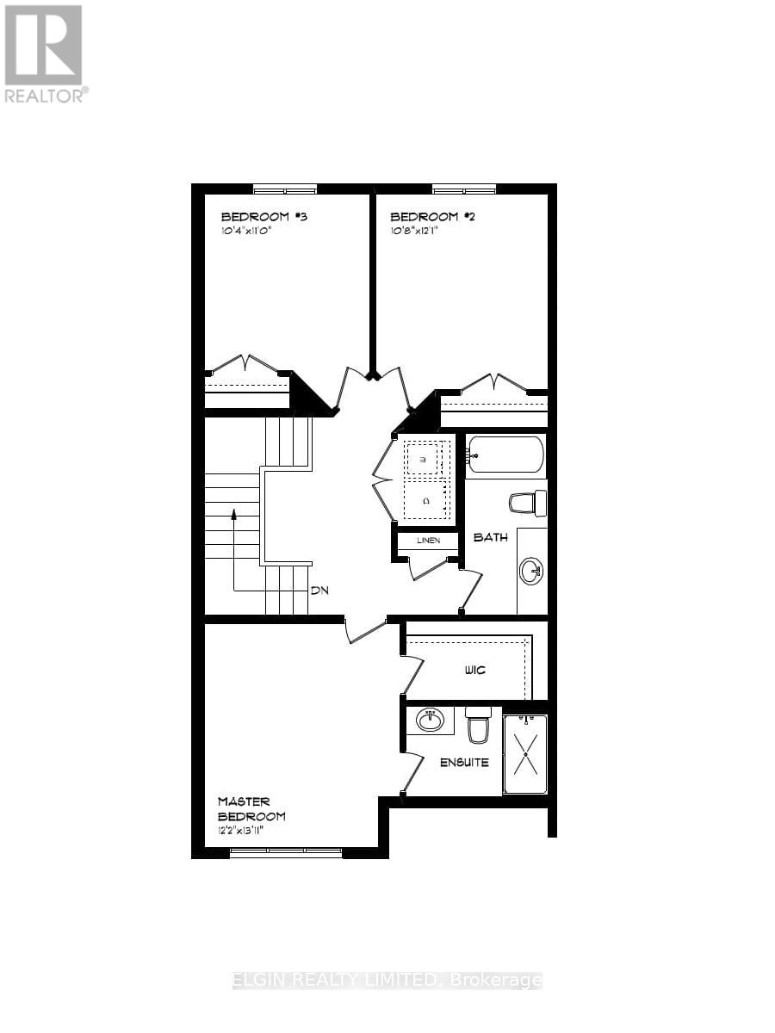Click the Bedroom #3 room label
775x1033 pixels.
pyautogui.click(x=264, y=217)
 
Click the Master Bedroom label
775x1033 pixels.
pyautogui.click(x=251, y=808)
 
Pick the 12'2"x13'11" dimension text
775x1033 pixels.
pyautogui.click(x=251, y=832)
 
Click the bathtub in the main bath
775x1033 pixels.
pyautogui.click(x=505, y=455)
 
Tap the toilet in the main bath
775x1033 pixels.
pyautogui.click(x=528, y=502)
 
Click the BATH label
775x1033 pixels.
pyautogui.click(x=491, y=537)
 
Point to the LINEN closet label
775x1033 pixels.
pyautogui.click(x=428, y=541)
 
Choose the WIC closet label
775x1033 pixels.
pyautogui.click(x=474, y=670)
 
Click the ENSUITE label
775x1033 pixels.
pyautogui.click(x=464, y=762)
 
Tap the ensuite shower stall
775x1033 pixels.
pyautogui.click(x=524, y=753)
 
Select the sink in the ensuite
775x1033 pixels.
pyautogui.click(x=430, y=719)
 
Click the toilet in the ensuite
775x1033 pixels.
pyautogui.click(x=477, y=727)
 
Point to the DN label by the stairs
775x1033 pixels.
pyautogui.click(x=320, y=591)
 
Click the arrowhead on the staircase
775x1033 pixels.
pyautogui.click(x=232, y=515)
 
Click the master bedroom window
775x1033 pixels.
pyautogui.click(x=286, y=852)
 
